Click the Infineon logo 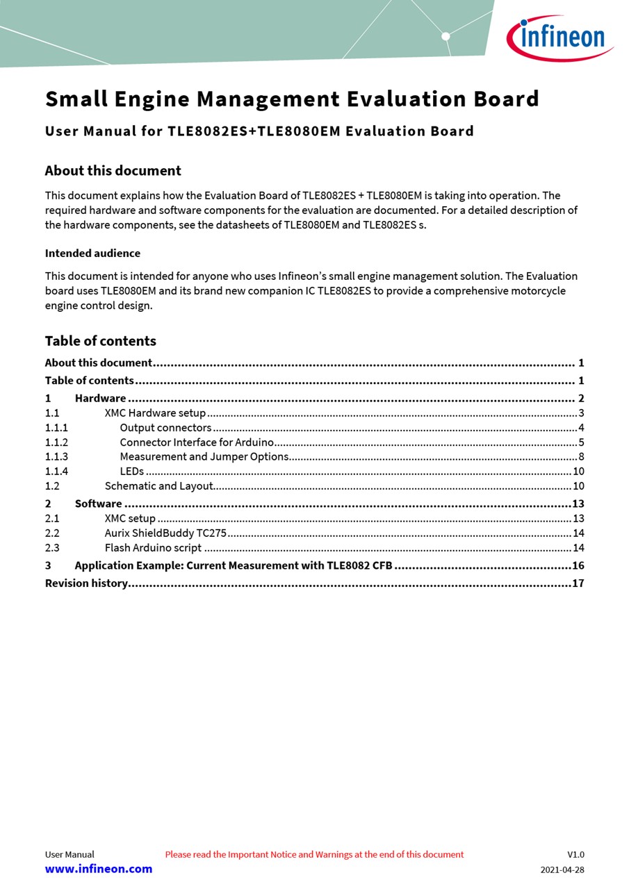(x=559, y=38)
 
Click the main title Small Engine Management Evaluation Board (x=292, y=99)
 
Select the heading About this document (x=113, y=171)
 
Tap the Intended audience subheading (x=92, y=254)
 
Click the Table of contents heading (x=100, y=341)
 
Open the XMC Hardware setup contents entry (x=155, y=413)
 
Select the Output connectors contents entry (x=165, y=428)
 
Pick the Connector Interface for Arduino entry (x=197, y=442)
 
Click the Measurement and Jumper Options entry (x=204, y=457)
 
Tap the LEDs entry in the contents (x=132, y=472)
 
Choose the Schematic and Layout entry (x=158, y=486)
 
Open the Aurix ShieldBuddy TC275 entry (x=165, y=533)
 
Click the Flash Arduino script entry (x=153, y=548)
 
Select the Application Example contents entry (x=234, y=565)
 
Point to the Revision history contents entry (x=86, y=583)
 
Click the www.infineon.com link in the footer (x=99, y=869)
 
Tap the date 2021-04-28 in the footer (x=562, y=870)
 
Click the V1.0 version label (x=575, y=854)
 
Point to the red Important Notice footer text (x=314, y=854)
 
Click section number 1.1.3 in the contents (x=56, y=457)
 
